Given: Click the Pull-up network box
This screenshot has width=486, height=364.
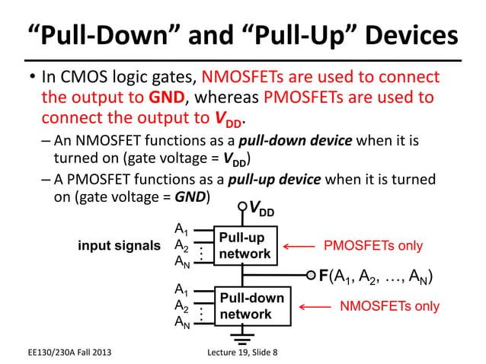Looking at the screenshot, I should point(244,245).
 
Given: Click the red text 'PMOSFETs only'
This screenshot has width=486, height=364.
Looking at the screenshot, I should point(372,246).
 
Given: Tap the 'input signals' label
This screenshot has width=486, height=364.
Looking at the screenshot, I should point(119,246).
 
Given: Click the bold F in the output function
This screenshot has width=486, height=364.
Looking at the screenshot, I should point(323,276).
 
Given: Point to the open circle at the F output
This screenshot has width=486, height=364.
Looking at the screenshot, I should point(310,275).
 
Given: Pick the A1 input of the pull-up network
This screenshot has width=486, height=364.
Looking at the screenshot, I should point(181,229).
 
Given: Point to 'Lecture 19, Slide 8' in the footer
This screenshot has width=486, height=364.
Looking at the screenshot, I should point(243,351).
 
